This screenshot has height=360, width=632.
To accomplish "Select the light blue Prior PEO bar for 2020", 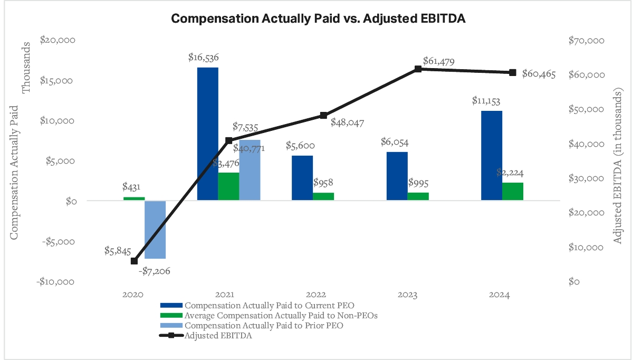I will [155, 230].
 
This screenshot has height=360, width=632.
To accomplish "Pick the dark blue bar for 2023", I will [397, 176].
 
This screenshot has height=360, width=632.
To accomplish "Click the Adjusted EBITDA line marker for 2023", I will [418, 69].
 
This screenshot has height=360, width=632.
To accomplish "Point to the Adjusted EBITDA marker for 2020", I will [134, 261].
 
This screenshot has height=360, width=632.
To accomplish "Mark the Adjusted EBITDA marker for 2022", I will [323, 116].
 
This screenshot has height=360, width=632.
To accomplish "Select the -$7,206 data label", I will [154, 271].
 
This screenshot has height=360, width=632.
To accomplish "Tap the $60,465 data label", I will [539, 74].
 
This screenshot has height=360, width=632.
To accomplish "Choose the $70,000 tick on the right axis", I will [587, 41].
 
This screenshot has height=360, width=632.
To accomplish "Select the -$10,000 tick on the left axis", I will [56, 281].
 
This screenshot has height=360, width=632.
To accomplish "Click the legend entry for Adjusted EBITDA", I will [218, 336].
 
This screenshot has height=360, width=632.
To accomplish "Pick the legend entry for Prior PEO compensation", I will [264, 326].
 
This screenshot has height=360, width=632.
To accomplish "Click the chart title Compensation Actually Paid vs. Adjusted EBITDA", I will [316, 18].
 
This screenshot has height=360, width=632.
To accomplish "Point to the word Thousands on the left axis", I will [26, 67].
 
